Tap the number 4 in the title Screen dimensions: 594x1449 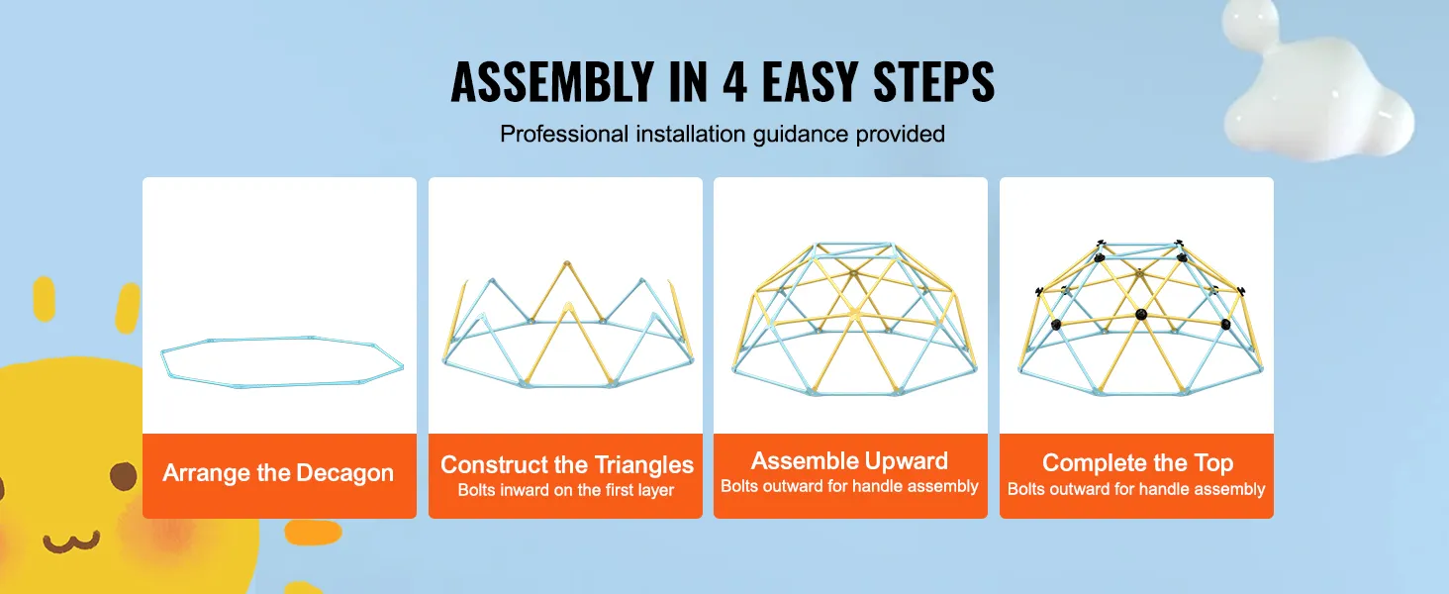coord(733,83)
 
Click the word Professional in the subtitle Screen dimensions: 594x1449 coord(562,134)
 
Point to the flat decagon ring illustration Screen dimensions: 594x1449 coord(282,361)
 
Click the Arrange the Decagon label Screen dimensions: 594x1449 coord(278,473)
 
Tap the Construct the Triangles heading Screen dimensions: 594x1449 coord(566,464)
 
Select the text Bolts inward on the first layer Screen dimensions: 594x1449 coord(566,490)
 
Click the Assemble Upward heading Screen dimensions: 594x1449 coord(849,460)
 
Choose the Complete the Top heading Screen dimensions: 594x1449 coord(1137,462)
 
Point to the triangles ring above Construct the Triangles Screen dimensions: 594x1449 coord(566,327)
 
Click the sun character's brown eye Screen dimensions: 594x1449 coord(123,476)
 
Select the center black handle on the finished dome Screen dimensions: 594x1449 coord(1140,316)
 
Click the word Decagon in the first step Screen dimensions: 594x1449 coord(344,473)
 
